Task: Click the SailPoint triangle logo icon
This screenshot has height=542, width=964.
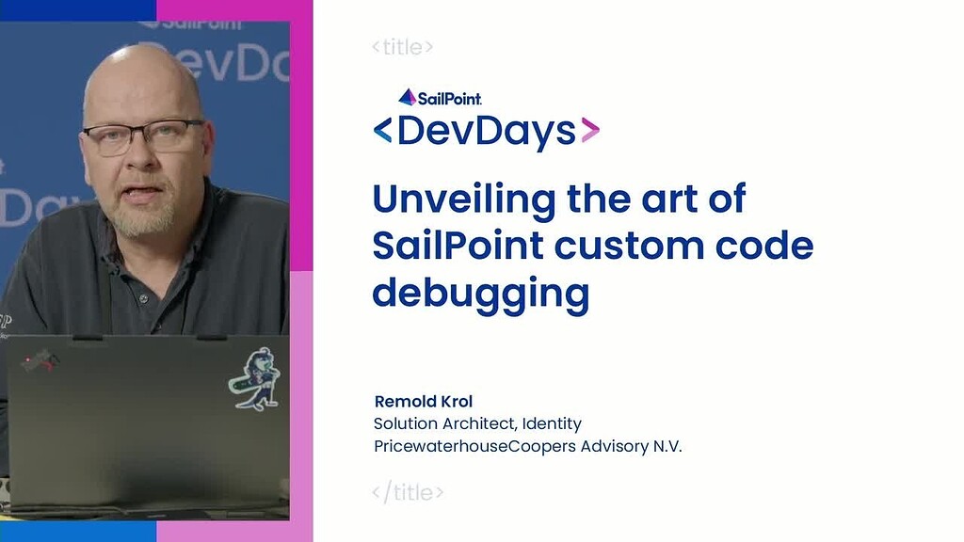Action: point(407,97)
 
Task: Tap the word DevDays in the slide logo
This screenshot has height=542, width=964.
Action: point(487,130)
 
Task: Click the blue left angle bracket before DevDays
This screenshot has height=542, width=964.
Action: point(382,130)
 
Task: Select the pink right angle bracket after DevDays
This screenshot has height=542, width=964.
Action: point(590,130)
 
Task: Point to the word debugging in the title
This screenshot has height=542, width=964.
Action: point(481,294)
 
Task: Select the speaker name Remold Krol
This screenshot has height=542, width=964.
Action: point(424,401)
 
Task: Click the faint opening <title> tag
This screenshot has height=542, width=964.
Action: point(403,47)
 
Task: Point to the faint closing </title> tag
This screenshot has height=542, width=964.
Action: point(408,492)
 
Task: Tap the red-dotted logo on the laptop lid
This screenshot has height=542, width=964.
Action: point(40,360)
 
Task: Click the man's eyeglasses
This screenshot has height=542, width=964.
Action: point(144,136)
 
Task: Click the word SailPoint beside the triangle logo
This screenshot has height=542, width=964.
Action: point(449,98)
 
